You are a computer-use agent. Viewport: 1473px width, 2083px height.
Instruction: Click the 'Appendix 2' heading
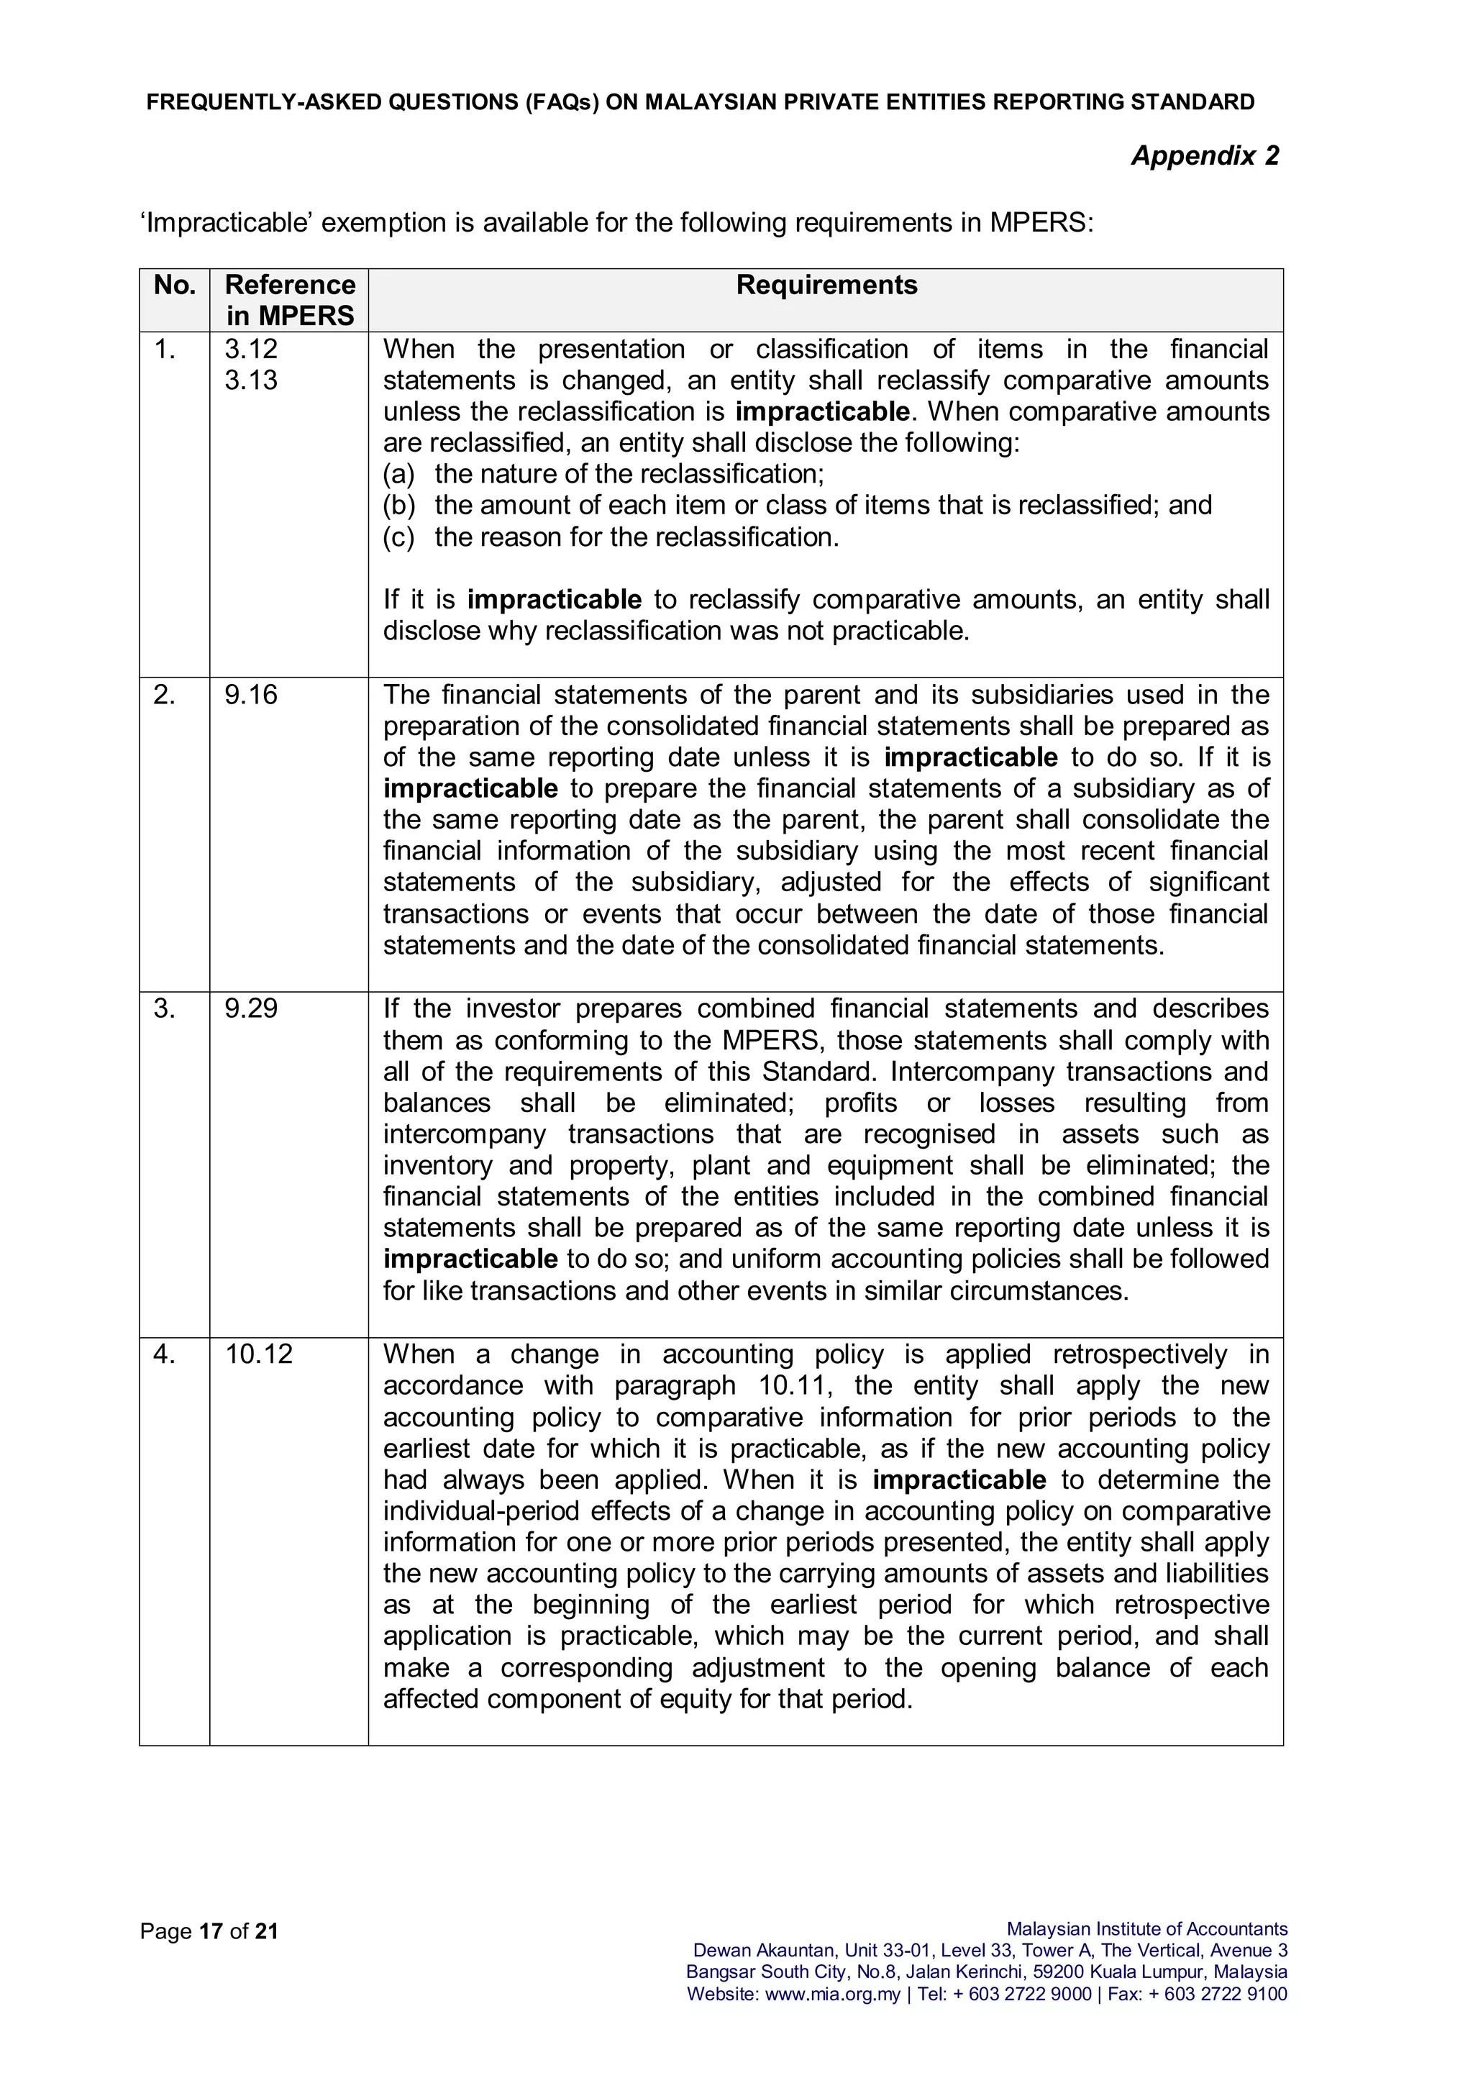pos(1205,156)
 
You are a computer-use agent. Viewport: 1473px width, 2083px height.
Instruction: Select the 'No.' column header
pos(174,285)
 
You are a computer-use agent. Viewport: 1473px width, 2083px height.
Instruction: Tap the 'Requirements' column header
pos(826,285)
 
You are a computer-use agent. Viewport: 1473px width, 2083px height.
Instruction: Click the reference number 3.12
pos(251,350)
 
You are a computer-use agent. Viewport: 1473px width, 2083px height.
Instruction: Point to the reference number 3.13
pos(251,380)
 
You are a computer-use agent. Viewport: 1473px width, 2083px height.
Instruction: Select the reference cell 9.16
pos(251,695)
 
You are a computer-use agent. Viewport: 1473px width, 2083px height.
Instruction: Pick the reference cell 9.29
pos(251,1009)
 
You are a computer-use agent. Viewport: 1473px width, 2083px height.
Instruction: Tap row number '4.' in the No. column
pos(164,1354)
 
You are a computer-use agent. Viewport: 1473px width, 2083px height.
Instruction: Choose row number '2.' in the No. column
pos(164,695)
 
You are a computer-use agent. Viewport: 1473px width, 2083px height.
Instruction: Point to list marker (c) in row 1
pos(398,537)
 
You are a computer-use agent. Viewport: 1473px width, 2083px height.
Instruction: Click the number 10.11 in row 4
pos(793,1385)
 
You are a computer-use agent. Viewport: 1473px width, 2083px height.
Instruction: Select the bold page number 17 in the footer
pos(211,1931)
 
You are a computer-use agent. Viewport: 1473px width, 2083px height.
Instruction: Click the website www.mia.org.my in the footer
pos(833,1994)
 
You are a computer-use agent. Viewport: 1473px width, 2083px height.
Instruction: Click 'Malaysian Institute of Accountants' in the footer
pos(1146,1929)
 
